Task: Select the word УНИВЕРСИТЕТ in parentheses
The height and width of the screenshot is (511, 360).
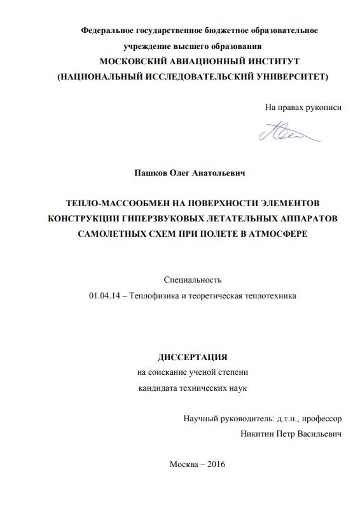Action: [x=284, y=76]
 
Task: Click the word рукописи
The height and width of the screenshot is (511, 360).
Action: [x=323, y=108]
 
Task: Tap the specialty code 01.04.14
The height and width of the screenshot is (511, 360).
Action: [x=103, y=295]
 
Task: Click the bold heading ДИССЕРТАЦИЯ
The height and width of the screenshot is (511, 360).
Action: [x=192, y=357]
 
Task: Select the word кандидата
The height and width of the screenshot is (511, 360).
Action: [x=158, y=388]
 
